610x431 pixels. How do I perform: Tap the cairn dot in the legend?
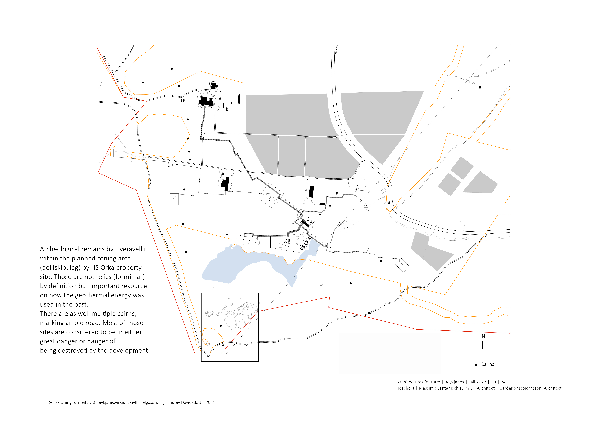pyautogui.click(x=476, y=365)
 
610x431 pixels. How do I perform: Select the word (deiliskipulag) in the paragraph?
pyautogui.click(x=60, y=268)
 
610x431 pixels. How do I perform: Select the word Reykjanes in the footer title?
pyautogui.click(x=454, y=382)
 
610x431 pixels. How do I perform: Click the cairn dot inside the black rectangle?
pyautogui.click(x=221, y=326)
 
